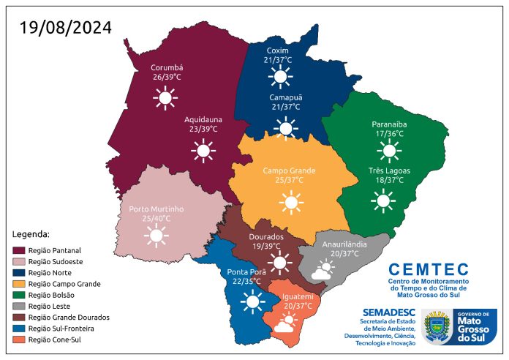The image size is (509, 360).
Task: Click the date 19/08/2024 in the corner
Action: click(x=66, y=28)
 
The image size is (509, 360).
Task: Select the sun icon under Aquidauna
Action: click(x=203, y=151)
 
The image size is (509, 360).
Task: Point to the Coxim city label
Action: click(x=278, y=50)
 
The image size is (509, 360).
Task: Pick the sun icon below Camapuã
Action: click(x=285, y=129)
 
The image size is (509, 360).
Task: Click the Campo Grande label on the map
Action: click(x=290, y=170)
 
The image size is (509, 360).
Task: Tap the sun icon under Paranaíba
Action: click(x=388, y=151)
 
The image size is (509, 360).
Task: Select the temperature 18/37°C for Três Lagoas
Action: click(x=388, y=180)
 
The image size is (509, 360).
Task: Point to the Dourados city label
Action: click(x=266, y=237)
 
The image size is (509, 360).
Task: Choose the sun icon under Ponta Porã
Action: click(x=253, y=301)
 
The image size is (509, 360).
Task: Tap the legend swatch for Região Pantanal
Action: click(x=20, y=250)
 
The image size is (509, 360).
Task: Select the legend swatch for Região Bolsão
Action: click(x=20, y=295)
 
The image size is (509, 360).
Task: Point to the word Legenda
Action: click(x=31, y=234)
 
